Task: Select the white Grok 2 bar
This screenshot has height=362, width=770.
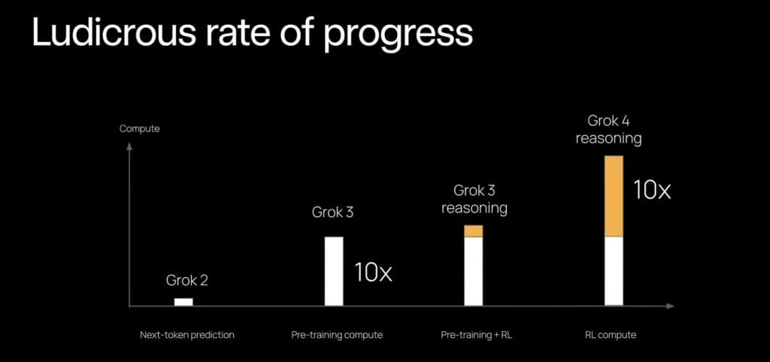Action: tap(183, 302)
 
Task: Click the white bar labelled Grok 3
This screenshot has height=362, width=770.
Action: tap(334, 271)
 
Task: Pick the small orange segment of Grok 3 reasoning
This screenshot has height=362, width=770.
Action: tap(474, 231)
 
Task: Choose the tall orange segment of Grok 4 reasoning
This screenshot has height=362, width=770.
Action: tap(614, 196)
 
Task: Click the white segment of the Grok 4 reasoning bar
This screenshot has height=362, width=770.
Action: tap(614, 271)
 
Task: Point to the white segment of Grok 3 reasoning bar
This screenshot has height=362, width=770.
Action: tap(474, 271)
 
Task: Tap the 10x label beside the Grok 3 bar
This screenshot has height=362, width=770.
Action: tap(373, 273)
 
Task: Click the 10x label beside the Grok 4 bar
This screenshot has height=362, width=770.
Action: tap(652, 190)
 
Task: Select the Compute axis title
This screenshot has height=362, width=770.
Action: tap(139, 129)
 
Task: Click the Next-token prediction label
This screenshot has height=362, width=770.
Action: tap(187, 336)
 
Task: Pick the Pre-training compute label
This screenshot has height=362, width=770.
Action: tap(337, 336)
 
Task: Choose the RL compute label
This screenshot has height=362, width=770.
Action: tap(611, 336)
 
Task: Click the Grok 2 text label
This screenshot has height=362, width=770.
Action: tap(187, 281)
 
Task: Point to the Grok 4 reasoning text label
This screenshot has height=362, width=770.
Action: tap(608, 130)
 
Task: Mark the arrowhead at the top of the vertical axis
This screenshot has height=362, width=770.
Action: tap(129, 146)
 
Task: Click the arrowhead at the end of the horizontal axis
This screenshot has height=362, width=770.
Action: tap(671, 306)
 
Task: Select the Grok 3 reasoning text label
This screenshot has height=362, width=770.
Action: tap(474, 199)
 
